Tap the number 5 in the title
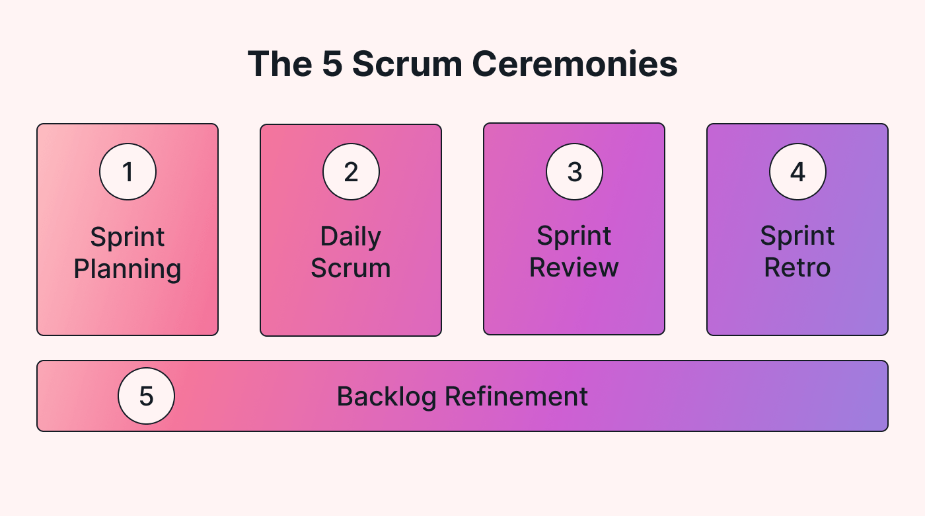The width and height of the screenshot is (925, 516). tap(332, 64)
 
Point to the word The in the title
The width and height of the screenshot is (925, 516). tap(280, 64)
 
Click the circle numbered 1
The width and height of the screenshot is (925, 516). tap(128, 172)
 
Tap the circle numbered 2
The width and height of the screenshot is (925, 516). tap(351, 172)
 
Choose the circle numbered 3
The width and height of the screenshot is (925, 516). tap(574, 172)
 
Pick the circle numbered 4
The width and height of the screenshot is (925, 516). tap(797, 172)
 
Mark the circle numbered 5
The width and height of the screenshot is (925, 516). tap(146, 396)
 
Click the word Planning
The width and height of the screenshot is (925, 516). tap(128, 269)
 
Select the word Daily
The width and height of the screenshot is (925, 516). tap(351, 237)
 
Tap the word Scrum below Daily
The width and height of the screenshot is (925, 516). tap(351, 269)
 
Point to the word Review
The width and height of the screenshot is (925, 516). tap(574, 268)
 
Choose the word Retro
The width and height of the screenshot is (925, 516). tap(797, 268)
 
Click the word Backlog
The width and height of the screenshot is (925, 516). tap(387, 396)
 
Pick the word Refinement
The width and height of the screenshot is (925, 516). tap(516, 396)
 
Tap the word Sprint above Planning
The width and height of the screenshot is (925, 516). tap(128, 237)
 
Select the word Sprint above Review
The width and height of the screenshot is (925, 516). tap(574, 236)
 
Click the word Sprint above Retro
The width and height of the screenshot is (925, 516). tap(797, 236)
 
